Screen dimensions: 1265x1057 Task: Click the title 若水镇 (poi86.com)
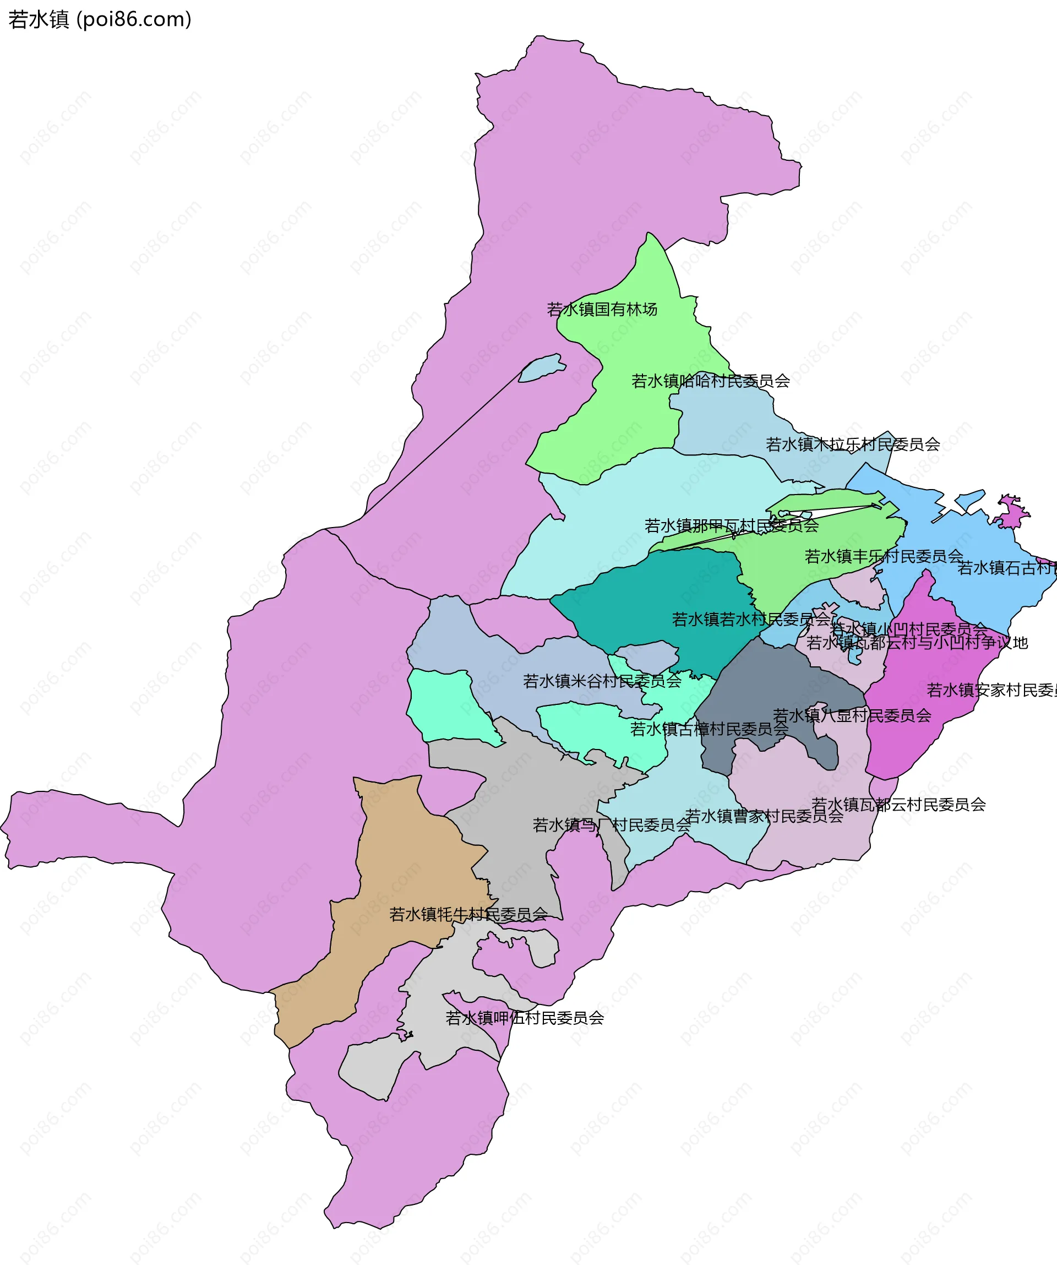(x=100, y=19)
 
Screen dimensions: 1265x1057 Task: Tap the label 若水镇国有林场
(x=602, y=309)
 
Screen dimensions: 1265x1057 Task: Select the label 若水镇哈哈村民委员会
(x=710, y=381)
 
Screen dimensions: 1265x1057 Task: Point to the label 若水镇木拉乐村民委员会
(x=852, y=444)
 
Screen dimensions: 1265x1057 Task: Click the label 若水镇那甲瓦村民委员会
(x=731, y=526)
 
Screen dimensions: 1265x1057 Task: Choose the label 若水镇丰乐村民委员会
(x=884, y=556)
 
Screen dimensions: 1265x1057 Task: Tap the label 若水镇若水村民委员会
(x=751, y=619)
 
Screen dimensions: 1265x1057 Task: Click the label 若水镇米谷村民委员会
(x=602, y=681)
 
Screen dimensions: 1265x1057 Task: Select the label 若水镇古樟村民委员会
(x=709, y=730)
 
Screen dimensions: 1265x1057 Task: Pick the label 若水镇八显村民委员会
(x=852, y=715)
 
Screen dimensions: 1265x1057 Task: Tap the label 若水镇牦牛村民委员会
(x=468, y=914)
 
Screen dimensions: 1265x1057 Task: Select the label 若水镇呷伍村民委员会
(x=524, y=1018)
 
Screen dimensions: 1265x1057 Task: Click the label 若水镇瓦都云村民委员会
(x=898, y=804)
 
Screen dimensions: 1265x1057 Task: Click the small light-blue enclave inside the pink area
(x=541, y=368)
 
